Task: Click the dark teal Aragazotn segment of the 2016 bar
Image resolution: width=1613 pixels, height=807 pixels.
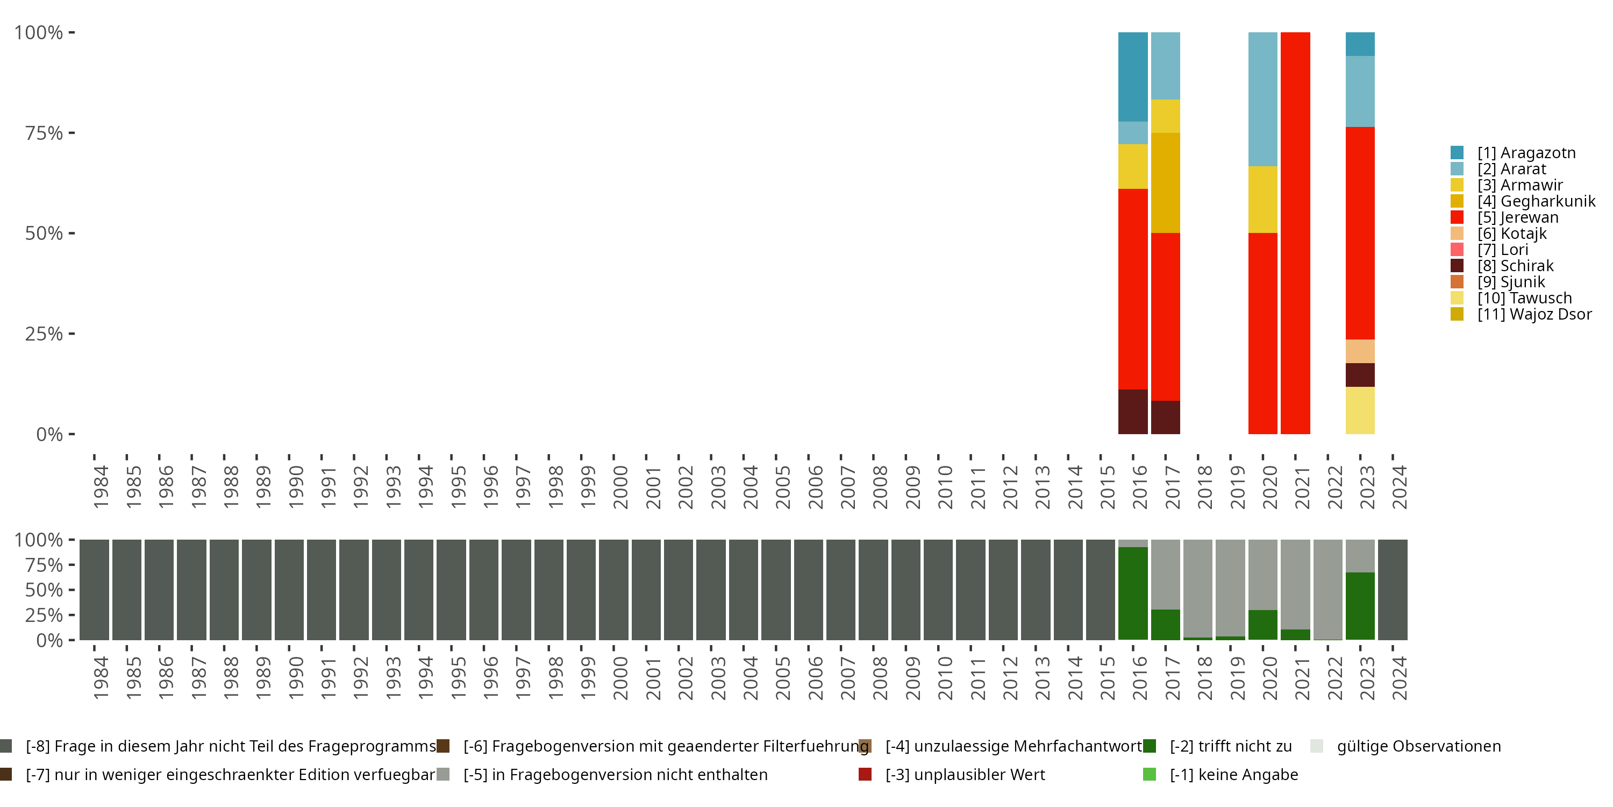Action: point(1133,76)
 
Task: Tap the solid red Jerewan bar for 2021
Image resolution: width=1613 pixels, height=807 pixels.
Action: point(1295,232)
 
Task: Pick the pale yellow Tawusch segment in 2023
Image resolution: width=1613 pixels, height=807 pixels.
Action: point(1360,410)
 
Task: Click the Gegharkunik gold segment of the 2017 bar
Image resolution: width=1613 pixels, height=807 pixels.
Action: point(1165,182)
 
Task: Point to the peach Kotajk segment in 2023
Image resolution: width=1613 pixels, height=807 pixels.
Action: point(1360,351)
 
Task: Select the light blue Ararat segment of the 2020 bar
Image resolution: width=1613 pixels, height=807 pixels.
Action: point(1262,99)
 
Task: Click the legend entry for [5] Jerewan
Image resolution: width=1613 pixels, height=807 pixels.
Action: point(1518,217)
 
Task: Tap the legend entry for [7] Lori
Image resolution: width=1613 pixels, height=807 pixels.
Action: point(1502,250)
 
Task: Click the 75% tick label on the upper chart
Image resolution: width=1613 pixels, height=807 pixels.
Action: point(44,133)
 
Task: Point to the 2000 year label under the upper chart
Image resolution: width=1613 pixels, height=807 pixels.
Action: point(620,487)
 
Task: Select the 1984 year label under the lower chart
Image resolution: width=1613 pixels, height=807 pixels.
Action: point(100,678)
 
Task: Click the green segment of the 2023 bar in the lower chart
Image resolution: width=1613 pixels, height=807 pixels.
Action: point(1360,605)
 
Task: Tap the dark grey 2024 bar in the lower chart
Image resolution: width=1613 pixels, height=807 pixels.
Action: point(1393,590)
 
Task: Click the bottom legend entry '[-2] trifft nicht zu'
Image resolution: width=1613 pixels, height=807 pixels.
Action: point(1230,746)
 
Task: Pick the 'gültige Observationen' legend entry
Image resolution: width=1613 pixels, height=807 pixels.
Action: point(1418,746)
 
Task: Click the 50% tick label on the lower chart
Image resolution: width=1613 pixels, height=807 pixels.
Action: point(44,590)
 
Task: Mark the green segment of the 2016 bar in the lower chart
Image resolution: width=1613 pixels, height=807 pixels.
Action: point(1133,593)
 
